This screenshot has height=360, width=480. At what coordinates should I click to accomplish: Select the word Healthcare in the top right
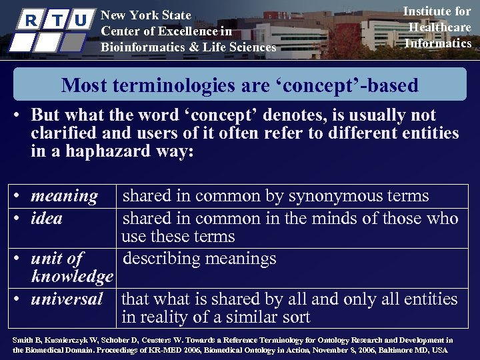point(438,27)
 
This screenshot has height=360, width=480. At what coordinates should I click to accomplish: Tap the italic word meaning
point(64,196)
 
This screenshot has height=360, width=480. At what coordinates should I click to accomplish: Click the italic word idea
point(47,218)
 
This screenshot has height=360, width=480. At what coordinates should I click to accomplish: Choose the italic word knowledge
point(72,277)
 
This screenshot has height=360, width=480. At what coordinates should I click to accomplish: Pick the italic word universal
point(67,299)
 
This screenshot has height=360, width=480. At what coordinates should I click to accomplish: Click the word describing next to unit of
point(165,258)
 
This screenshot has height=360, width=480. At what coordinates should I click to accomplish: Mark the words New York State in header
point(145,15)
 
